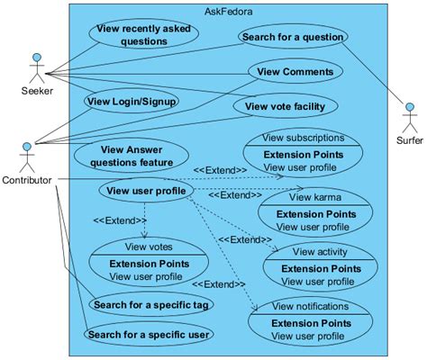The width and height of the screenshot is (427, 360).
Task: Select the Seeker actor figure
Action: coord(36,67)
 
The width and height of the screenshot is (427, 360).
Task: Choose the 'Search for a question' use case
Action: coord(294,39)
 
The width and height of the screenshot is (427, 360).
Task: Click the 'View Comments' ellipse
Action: coord(295,72)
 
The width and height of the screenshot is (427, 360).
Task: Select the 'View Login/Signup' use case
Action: coord(132,101)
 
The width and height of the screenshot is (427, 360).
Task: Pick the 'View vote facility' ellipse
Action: coord(285,105)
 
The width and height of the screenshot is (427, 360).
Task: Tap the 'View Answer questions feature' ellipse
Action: coord(137,156)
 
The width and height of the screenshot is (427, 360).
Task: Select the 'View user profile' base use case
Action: coord(146,190)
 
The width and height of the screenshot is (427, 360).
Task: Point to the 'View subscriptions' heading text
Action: coord(303,139)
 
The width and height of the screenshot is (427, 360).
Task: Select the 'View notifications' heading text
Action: coord(309,308)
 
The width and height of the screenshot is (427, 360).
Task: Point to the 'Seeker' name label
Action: coord(37,91)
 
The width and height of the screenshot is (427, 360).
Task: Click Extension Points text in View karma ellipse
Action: coord(313,213)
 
